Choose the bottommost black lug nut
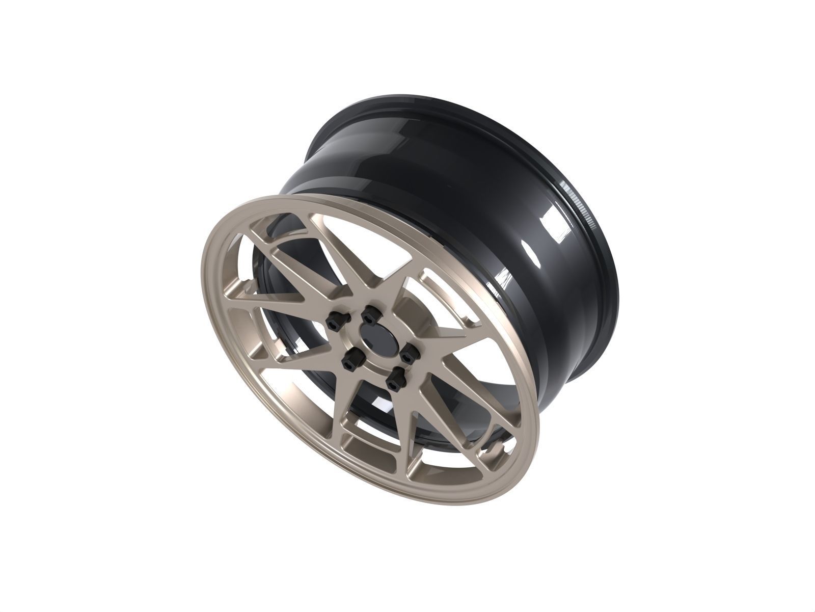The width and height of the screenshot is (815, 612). [394, 382]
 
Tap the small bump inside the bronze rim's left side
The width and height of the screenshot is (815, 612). [248, 288]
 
